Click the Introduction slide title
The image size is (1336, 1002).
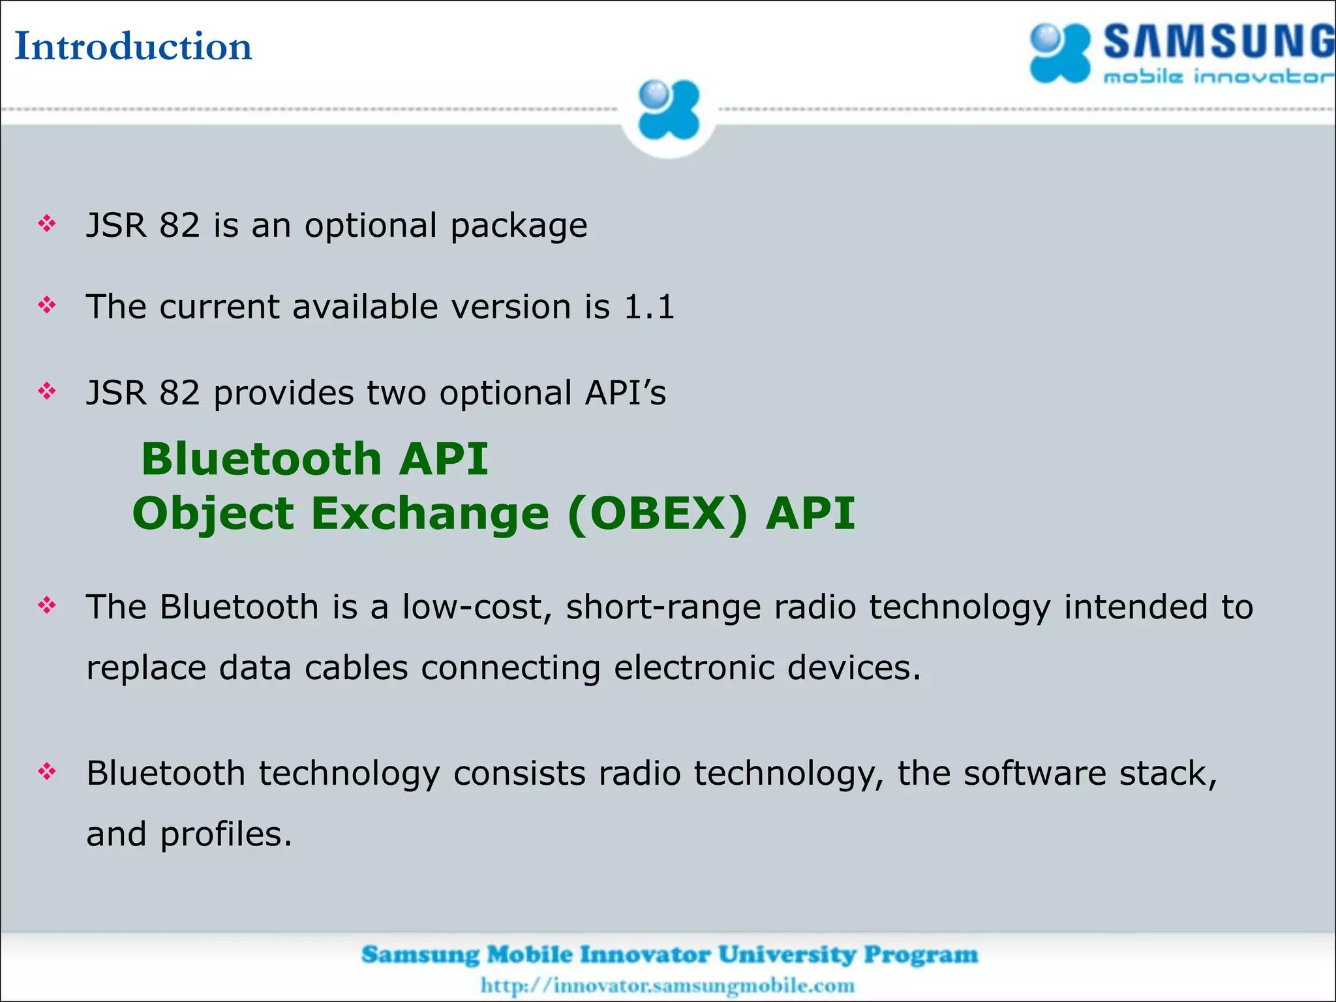[x=133, y=46]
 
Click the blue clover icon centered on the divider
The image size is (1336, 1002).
[x=668, y=110]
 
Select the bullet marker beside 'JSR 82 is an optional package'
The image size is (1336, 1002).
[x=47, y=224]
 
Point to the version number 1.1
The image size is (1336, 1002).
[x=648, y=307]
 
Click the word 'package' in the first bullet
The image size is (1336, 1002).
[x=519, y=226]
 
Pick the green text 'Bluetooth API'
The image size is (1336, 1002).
[x=314, y=459]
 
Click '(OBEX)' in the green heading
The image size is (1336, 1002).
[x=658, y=513]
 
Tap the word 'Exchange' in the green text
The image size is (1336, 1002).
[x=430, y=513]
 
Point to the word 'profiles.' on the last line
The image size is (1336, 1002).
[x=226, y=834]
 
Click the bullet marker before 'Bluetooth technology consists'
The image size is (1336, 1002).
[x=47, y=772]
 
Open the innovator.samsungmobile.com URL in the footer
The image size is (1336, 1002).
[x=667, y=985]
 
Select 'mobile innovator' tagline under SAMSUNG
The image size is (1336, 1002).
[x=1217, y=77]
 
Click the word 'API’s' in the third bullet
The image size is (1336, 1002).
[x=626, y=393]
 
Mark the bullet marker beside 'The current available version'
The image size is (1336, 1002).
[x=47, y=305]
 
